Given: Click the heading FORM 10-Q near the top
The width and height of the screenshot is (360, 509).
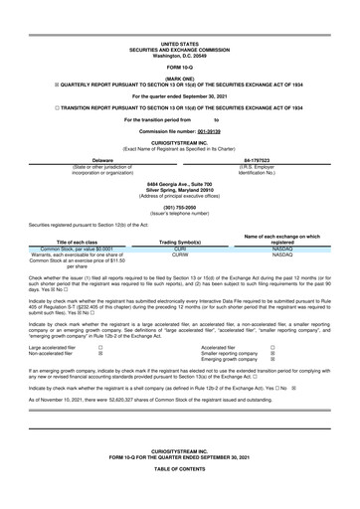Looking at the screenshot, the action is [x=179, y=38].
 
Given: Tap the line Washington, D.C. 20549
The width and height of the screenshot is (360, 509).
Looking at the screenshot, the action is [x=179, y=26].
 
